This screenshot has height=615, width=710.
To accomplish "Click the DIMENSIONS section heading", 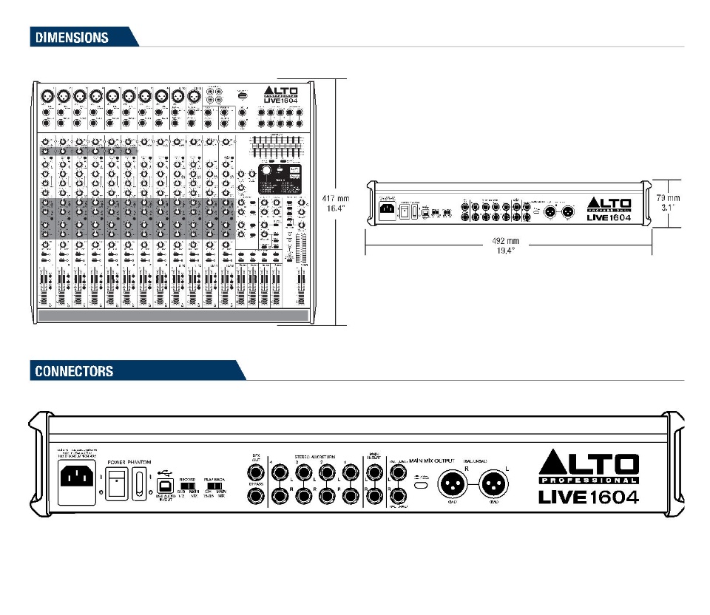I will tap(70, 37).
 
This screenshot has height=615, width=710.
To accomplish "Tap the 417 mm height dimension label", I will tap(337, 198).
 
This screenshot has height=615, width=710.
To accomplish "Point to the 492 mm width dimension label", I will tap(507, 241).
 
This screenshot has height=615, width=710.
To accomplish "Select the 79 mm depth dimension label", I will tap(669, 198).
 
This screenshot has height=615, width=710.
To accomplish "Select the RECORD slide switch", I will tap(189, 488).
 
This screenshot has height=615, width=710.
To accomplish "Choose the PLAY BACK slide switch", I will tap(216, 488).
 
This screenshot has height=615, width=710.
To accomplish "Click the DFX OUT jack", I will tap(254, 470).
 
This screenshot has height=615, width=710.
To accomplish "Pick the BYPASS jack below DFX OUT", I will tap(254, 496).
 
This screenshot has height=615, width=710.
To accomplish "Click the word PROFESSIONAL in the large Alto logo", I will tap(588, 480).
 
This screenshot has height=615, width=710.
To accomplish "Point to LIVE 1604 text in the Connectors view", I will tap(588, 496).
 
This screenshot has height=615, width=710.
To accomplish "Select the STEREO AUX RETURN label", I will tap(315, 458).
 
